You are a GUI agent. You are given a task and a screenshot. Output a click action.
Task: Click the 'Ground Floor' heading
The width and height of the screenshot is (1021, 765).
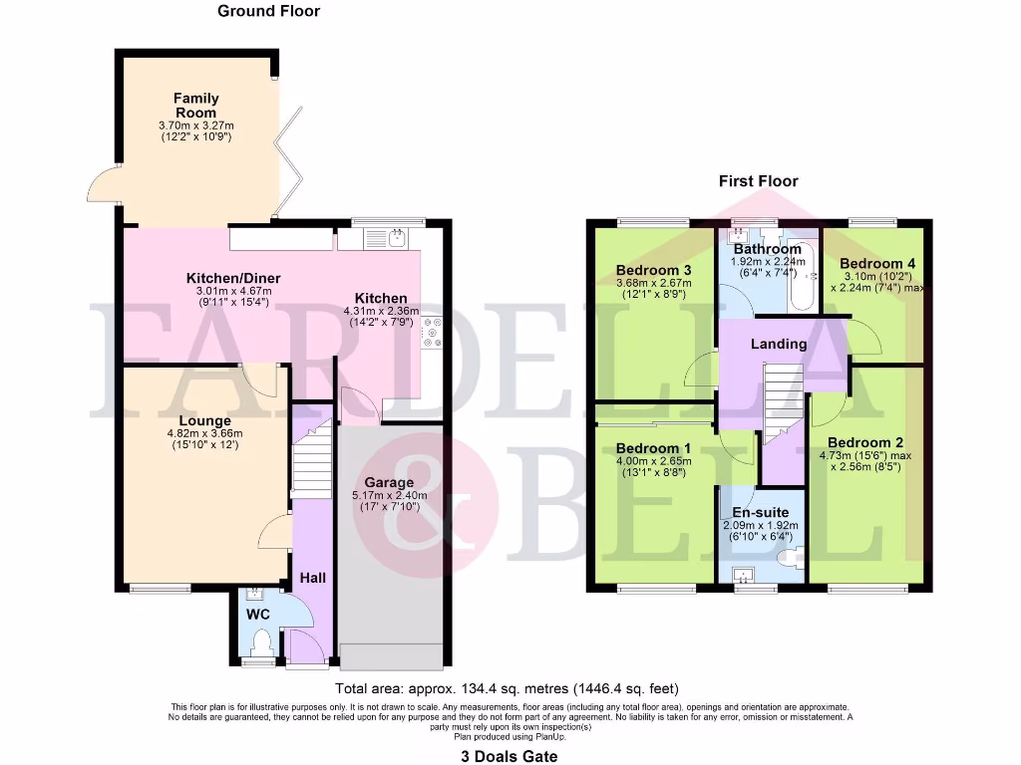click(269, 11)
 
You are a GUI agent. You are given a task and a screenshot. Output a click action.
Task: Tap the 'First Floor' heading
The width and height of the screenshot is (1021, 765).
click(759, 181)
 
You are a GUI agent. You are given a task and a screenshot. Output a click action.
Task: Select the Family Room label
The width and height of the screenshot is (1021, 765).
click(195, 106)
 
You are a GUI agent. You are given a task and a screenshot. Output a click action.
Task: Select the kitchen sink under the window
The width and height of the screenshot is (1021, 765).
click(386, 237)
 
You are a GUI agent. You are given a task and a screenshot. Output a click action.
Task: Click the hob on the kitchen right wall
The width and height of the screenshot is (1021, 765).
click(433, 333)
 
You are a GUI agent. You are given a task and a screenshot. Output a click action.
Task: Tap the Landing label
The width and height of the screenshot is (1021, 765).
click(779, 344)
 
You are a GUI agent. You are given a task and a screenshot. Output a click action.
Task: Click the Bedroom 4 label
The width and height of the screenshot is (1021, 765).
click(877, 264)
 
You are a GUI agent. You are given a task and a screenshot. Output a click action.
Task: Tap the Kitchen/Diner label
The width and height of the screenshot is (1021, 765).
click(233, 277)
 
